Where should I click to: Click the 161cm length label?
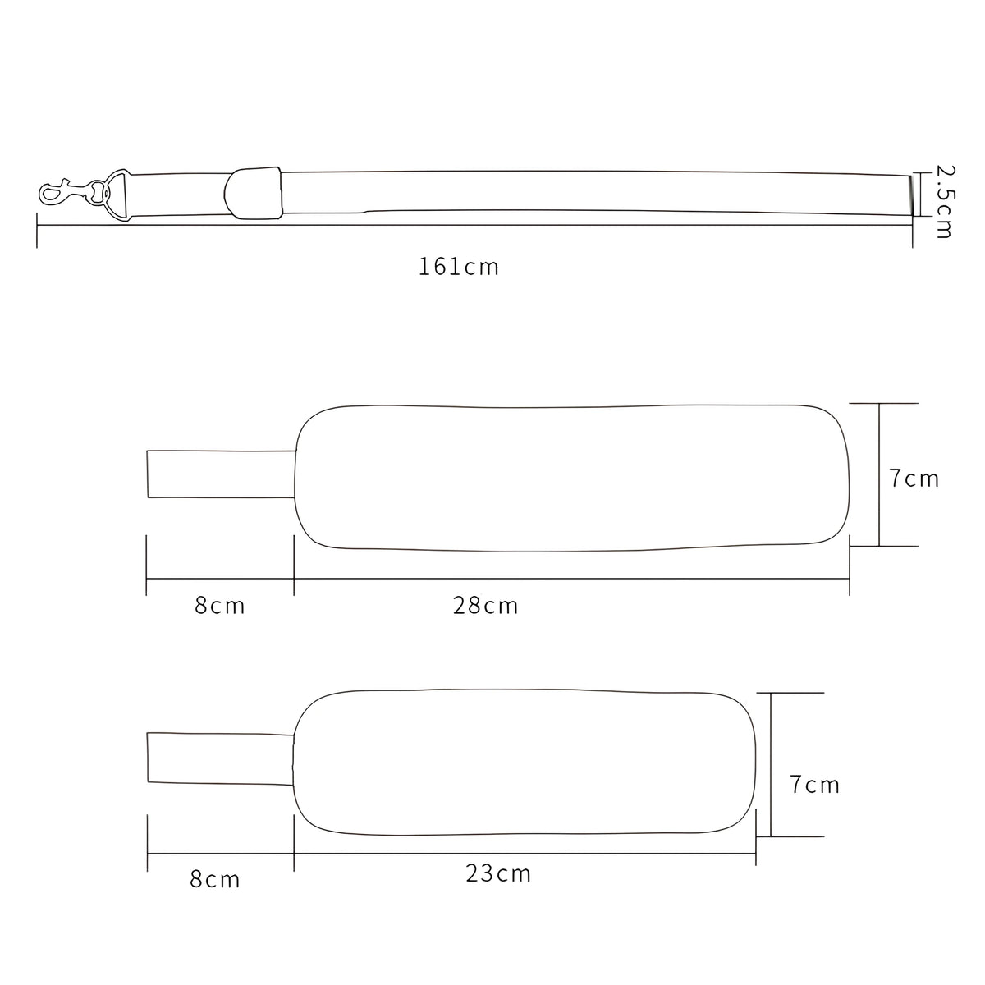coord(459,267)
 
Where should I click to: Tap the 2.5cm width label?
coord(944,201)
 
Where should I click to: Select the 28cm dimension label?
coord(486,607)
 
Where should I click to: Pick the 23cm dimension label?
coord(498,873)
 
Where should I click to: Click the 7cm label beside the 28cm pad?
coord(914,479)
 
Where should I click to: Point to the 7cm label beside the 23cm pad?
coord(815,785)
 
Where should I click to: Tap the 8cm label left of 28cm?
coord(220,607)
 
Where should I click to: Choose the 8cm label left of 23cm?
coord(215,879)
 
